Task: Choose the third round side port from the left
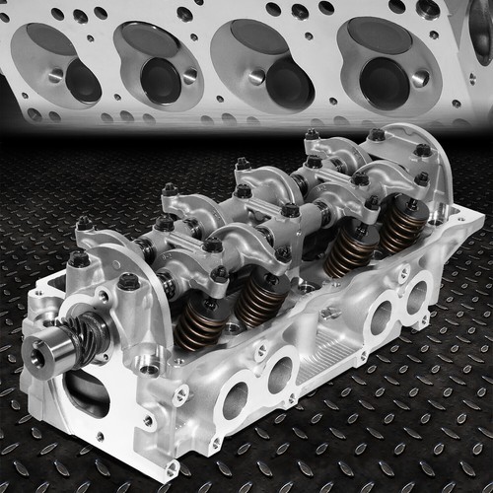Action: (380, 317)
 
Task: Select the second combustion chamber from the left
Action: (158, 65)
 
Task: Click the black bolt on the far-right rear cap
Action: (424, 151)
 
